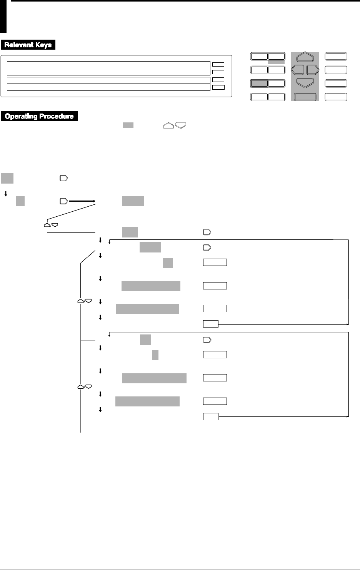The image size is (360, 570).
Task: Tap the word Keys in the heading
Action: pos(44,45)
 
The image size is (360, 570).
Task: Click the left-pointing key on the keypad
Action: pos(298,70)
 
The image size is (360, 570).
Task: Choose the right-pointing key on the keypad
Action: pos(313,70)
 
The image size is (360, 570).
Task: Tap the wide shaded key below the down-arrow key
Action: pos(305,97)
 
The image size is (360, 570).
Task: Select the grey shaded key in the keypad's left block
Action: pos(259,83)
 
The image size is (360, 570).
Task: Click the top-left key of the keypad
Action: pos(259,57)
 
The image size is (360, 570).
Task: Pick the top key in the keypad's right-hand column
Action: pos(336,57)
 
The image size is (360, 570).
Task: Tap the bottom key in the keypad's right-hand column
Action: pos(336,97)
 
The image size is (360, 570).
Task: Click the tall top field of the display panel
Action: pos(108,68)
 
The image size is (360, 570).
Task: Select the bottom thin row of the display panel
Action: pos(108,87)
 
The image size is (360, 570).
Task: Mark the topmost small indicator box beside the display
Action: pos(218,64)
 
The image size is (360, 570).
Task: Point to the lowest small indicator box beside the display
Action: pos(218,87)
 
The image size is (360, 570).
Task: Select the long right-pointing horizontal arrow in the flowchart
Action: pos(82,201)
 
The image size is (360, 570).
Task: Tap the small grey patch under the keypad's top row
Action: pos(276,62)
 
